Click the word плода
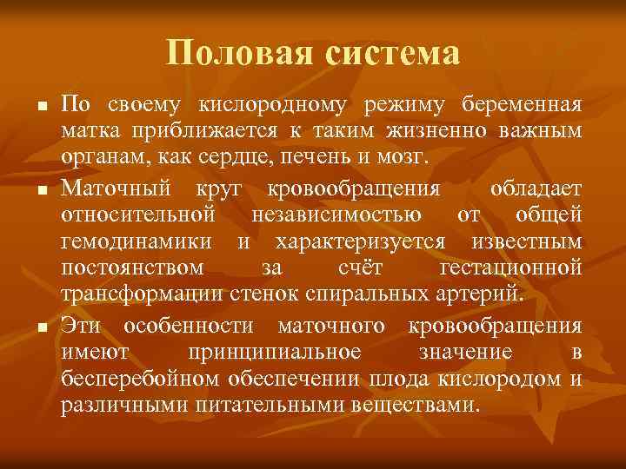(399, 378)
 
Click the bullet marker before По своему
(40, 107)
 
